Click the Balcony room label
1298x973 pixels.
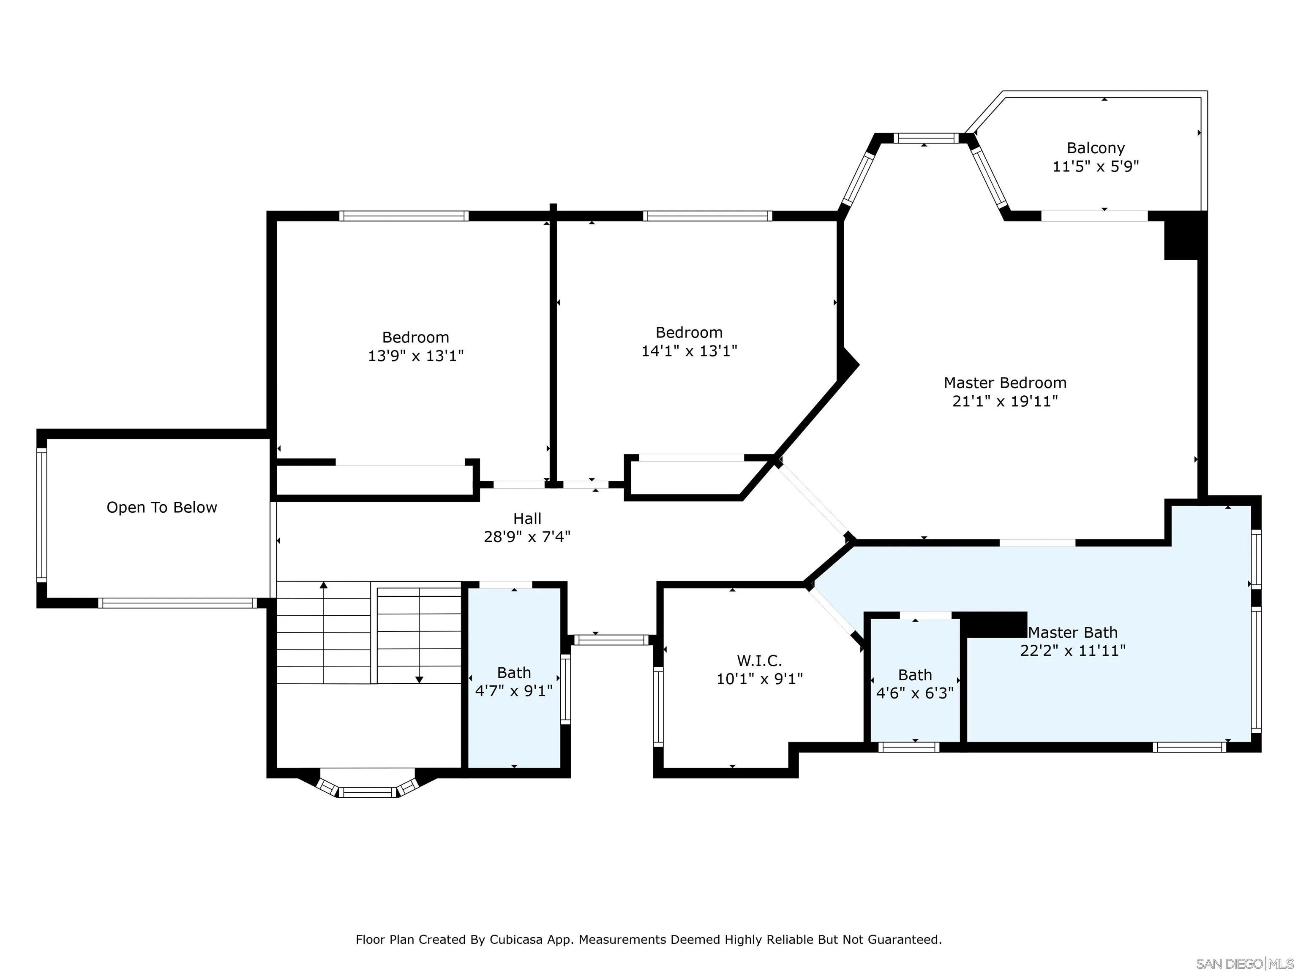point(1096,148)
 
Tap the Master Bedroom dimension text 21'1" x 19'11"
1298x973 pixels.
point(1005,401)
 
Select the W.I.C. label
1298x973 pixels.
point(759,660)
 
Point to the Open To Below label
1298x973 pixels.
point(162,507)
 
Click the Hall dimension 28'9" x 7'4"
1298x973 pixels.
point(527,537)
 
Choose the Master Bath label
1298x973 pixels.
point(1073,632)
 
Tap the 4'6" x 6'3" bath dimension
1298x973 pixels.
point(915,693)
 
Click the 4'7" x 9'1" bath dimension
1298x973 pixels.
point(514,691)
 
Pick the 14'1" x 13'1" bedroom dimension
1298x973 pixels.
point(690,351)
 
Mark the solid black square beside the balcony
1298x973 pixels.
point(1185,235)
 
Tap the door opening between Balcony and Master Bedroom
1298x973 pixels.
point(1094,216)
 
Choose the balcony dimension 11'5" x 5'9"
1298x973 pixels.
point(1096,166)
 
